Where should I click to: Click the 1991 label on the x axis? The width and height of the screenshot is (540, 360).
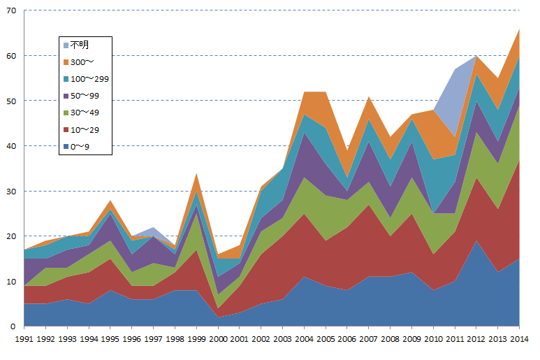tap(24, 340)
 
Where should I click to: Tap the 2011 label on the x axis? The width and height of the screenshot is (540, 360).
tap(455, 340)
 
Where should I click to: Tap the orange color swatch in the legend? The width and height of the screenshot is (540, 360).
tap(65, 62)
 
